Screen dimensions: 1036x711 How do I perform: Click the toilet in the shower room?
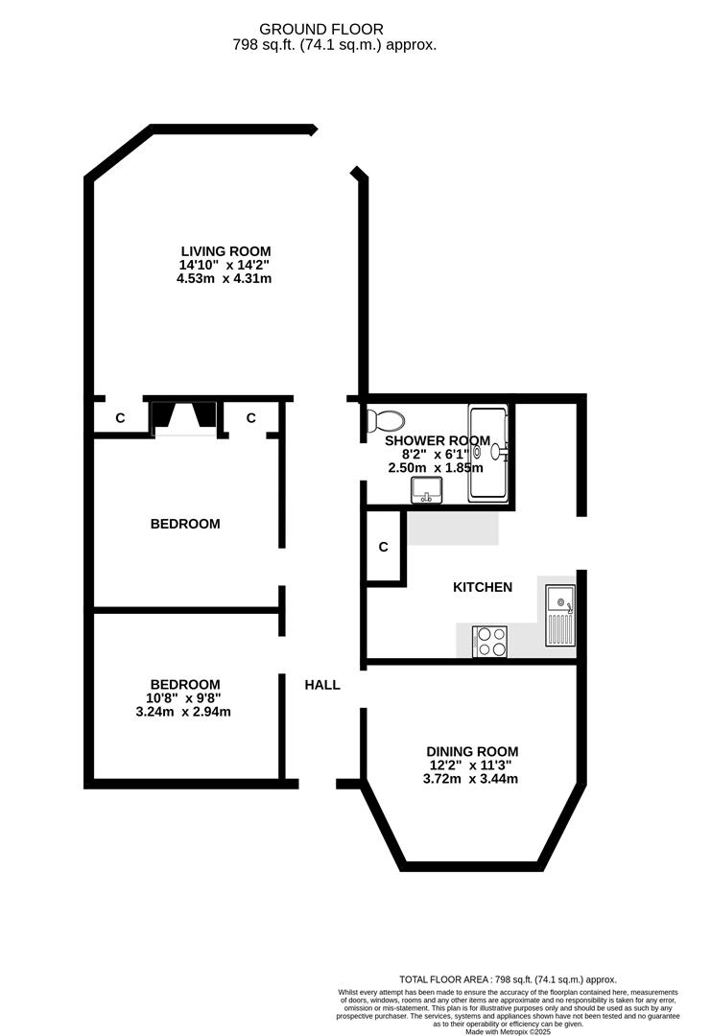click(385, 420)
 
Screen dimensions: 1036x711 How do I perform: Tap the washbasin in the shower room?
click(425, 491)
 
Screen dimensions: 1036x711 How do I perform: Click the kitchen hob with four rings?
click(490, 641)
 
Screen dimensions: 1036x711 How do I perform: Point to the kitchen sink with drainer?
click(559, 618)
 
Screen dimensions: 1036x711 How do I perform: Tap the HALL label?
click(322, 685)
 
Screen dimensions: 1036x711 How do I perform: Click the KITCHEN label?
click(483, 587)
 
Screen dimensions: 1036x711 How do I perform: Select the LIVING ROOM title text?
click(225, 251)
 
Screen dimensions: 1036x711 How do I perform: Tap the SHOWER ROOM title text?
click(438, 441)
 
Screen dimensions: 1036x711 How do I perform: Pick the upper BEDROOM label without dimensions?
click(185, 524)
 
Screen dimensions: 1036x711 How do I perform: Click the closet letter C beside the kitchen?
click(383, 548)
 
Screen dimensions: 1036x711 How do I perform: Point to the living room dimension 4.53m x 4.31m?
click(225, 278)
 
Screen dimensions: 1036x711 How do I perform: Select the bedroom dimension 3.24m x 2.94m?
click(185, 712)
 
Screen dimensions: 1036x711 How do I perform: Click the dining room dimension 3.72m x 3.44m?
click(471, 779)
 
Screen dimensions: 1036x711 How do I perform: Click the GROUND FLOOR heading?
click(335, 30)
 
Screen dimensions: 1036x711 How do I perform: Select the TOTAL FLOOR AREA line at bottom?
click(508, 979)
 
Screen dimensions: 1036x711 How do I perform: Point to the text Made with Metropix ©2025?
click(509, 1031)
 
